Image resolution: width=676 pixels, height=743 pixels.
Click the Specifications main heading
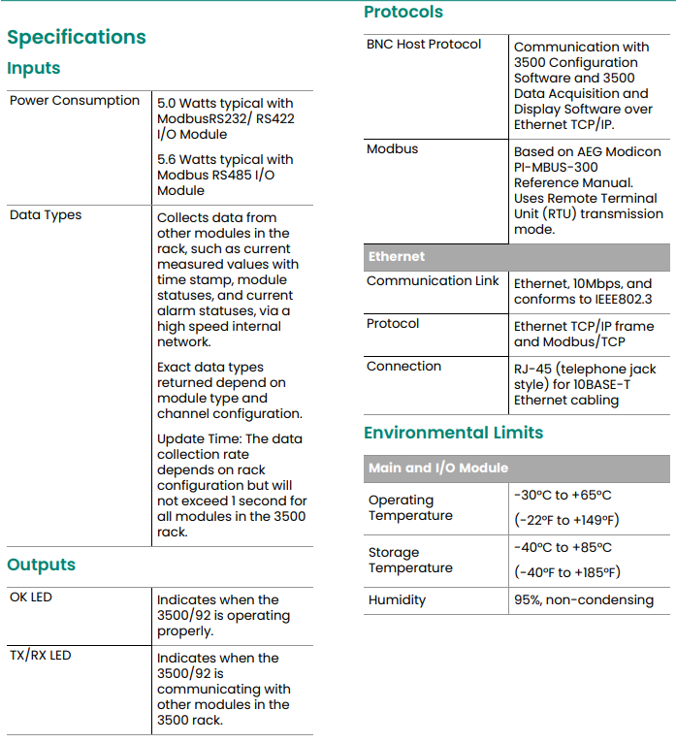[x=77, y=38]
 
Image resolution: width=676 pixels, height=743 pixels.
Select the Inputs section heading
[x=34, y=69]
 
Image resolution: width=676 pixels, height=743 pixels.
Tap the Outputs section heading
[x=41, y=565]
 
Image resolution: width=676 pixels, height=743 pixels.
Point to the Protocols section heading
[x=403, y=13]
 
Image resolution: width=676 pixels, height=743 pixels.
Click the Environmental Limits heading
[x=453, y=433]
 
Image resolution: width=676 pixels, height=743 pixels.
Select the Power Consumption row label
[x=75, y=101]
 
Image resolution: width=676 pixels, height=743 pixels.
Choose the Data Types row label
[x=46, y=215]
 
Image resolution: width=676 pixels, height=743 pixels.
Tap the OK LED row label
[x=31, y=598]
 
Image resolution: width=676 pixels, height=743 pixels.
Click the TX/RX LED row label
[x=41, y=656]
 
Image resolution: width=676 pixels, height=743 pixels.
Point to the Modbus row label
[x=393, y=149]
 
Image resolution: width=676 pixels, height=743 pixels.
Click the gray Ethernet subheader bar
[x=516, y=257]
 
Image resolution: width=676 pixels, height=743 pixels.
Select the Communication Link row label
[x=433, y=281]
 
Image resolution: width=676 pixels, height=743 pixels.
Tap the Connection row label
[x=403, y=367]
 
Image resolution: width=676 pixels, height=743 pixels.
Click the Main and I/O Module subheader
[x=438, y=468]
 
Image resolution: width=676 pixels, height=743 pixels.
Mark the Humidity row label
[x=397, y=600]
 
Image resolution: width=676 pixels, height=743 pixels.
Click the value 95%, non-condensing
[x=584, y=600]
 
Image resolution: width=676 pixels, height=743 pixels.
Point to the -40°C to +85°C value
[x=563, y=548]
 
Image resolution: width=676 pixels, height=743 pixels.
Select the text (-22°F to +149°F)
[x=566, y=520]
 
